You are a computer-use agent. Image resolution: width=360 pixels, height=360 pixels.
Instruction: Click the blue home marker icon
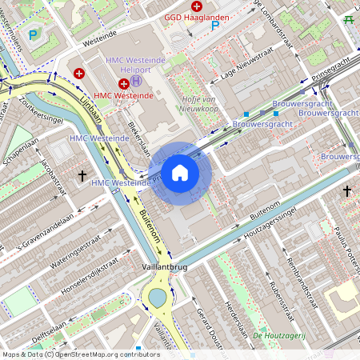click(x=180, y=173)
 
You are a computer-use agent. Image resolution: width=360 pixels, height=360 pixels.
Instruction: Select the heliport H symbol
click(x=137, y=80)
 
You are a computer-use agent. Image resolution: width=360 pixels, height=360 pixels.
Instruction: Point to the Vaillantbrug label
click(x=163, y=267)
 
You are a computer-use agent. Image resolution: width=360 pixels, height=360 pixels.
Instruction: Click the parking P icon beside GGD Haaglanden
click(x=215, y=26)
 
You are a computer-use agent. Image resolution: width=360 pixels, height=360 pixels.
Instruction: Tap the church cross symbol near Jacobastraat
click(x=82, y=174)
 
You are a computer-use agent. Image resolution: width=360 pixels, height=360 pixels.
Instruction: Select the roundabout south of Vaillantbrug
click(x=157, y=299)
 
